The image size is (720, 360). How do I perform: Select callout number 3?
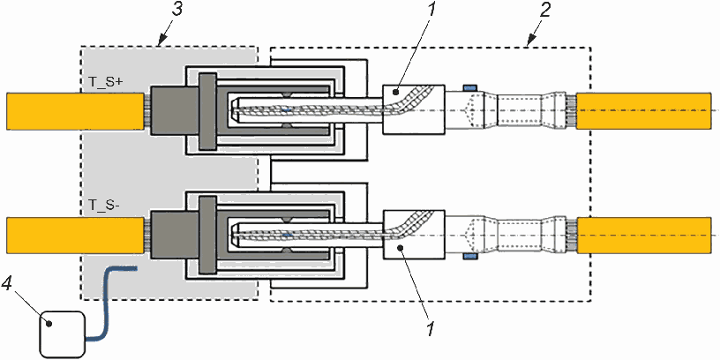coord(176,10)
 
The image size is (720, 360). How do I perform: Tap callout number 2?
coord(544,10)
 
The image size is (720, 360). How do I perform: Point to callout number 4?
coord(6,286)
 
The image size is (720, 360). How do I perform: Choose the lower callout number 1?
coord(430,329)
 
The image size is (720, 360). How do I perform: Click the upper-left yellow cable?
coord(75,110)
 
